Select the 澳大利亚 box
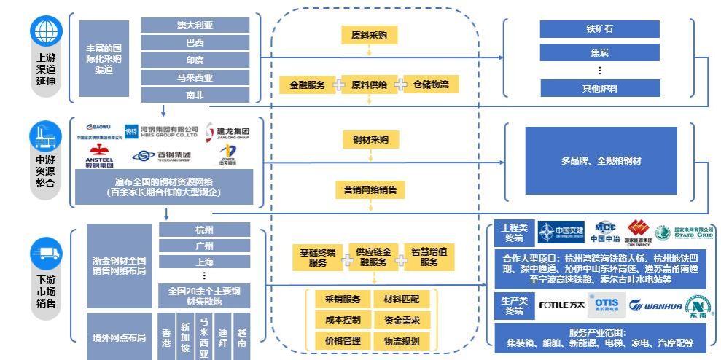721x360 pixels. pyautogui.click(x=195, y=25)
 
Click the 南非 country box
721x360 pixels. pyautogui.click(x=195, y=95)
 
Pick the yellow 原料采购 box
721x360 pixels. pyautogui.click(x=369, y=34)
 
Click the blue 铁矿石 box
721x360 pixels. pyautogui.click(x=599, y=29)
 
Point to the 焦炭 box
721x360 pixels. pyautogui.click(x=599, y=52)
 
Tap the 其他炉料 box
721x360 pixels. pyautogui.click(x=599, y=89)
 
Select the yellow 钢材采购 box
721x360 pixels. pyautogui.click(x=369, y=140)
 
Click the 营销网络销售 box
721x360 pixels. pyautogui.click(x=370, y=189)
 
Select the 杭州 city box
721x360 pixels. pyautogui.click(x=204, y=230)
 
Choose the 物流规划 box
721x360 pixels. pyautogui.click(x=401, y=340)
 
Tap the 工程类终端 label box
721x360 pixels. pyautogui.click(x=513, y=232)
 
